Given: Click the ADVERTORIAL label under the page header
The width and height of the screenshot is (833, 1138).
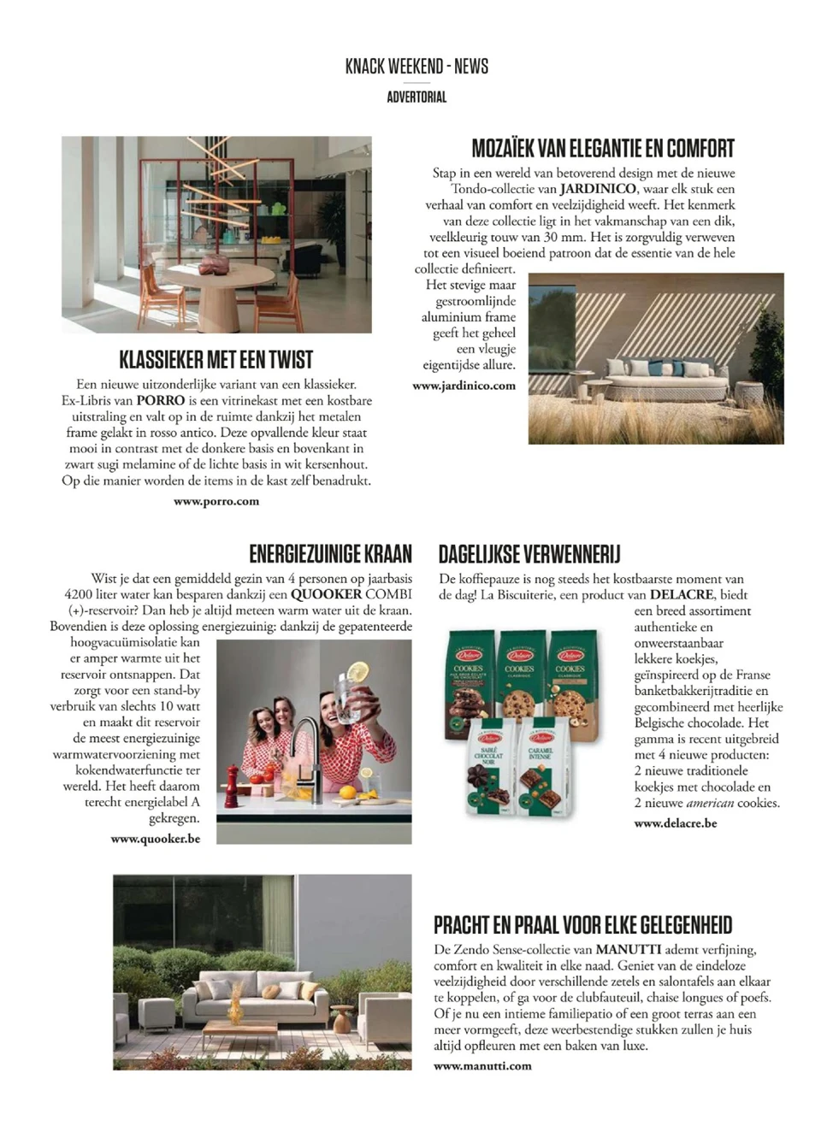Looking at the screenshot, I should tap(416, 97).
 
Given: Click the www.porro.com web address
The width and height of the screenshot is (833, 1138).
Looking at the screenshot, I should tap(216, 501).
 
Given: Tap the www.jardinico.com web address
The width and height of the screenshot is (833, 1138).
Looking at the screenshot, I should tap(464, 386).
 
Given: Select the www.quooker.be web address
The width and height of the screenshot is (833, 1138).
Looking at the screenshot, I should tap(156, 839).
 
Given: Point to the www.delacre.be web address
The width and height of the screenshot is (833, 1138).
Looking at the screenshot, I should tap(676, 823).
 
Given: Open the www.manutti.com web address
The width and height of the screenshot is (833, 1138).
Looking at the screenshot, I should tap(482, 1065).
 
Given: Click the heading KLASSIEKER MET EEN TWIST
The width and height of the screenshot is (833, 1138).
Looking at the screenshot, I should tap(216, 359).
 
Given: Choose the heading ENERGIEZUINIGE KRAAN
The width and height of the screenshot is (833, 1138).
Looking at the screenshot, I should tap(330, 554).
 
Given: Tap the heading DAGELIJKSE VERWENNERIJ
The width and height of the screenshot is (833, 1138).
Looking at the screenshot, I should tap(529, 554).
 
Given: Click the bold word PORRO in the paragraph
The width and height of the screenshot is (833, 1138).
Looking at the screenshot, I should tap(160, 400).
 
